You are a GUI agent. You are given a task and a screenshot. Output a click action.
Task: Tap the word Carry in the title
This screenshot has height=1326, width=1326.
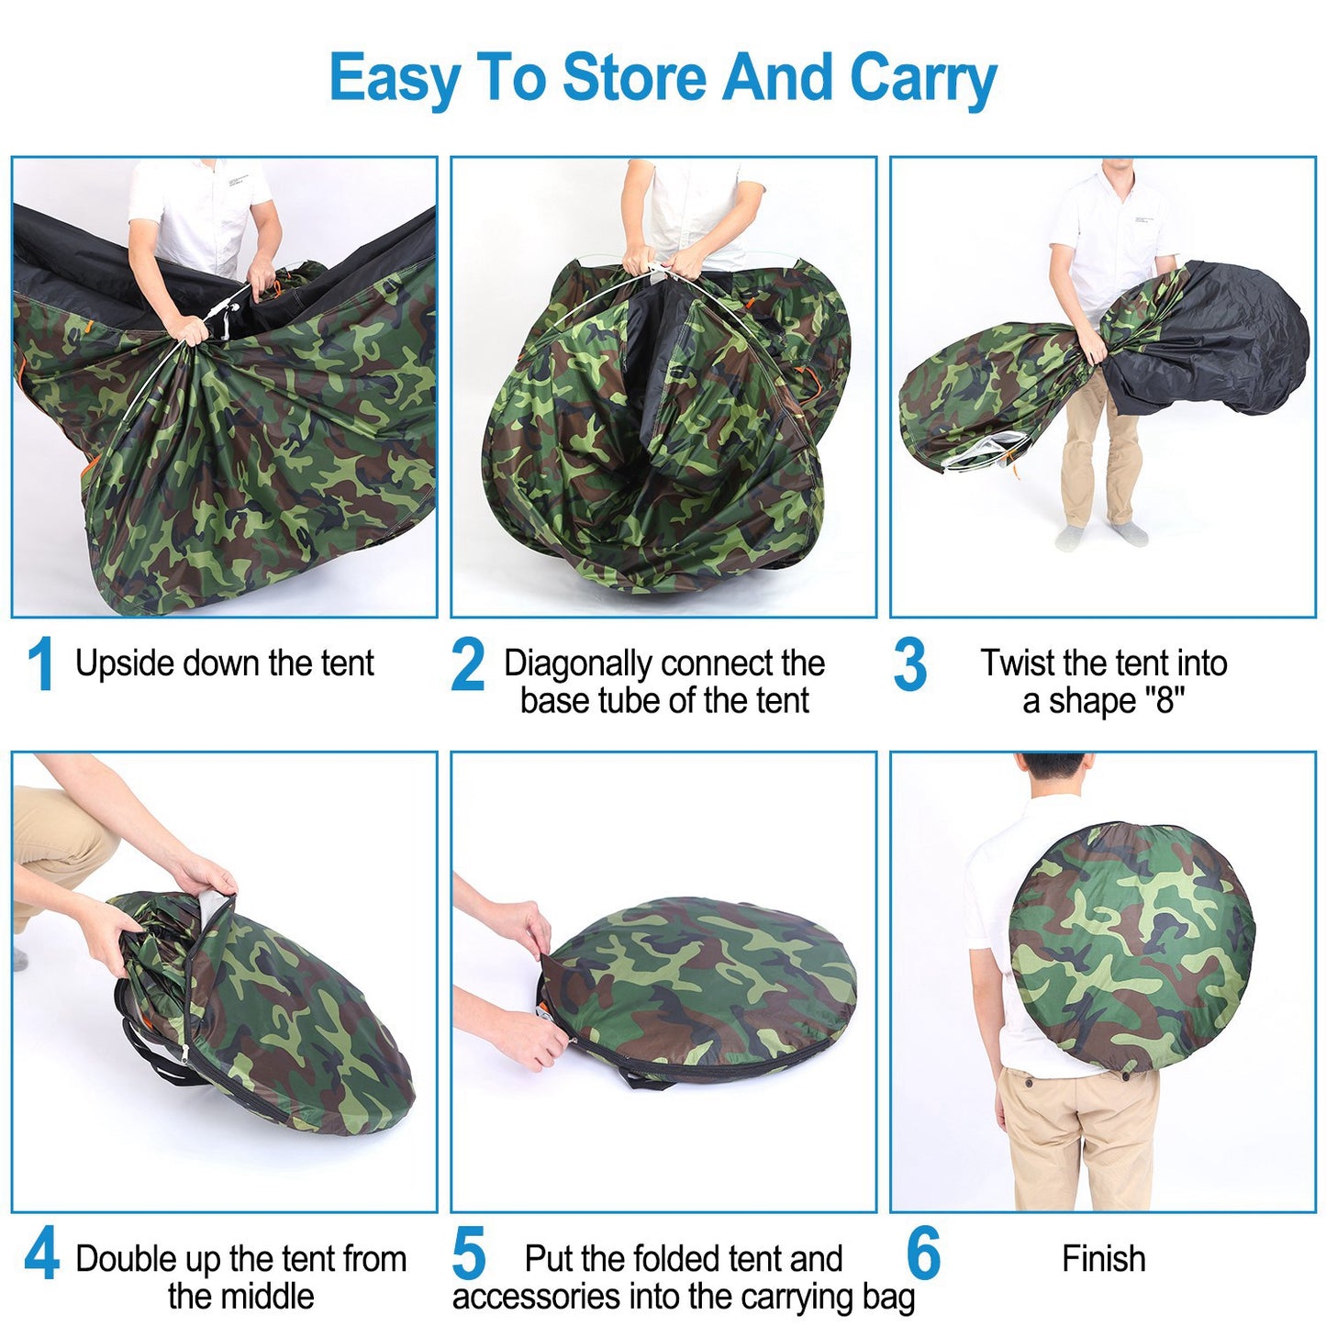click(923, 81)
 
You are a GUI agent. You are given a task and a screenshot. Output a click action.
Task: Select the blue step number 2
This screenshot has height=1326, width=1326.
click(467, 663)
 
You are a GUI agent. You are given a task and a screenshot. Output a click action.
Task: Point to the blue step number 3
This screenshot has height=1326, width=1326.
click(909, 663)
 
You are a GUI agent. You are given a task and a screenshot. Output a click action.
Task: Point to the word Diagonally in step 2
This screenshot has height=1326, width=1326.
click(578, 664)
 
